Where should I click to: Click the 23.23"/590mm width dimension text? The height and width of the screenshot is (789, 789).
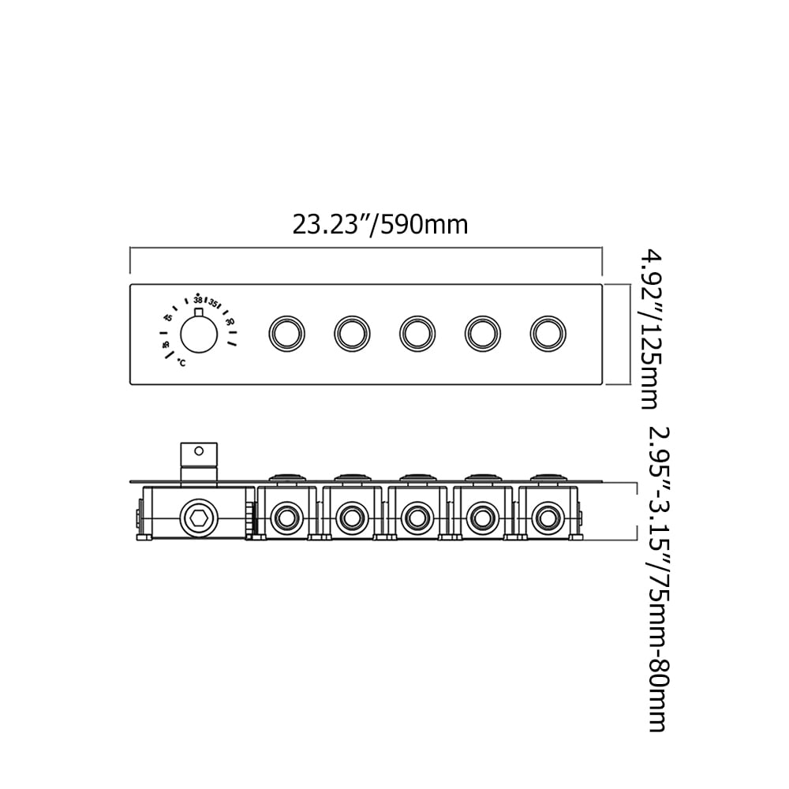(380, 225)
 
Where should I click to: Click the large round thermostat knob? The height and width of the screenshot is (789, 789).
(200, 335)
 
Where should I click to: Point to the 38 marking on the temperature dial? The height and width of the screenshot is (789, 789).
(198, 301)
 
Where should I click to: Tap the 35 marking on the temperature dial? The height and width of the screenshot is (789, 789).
(213, 302)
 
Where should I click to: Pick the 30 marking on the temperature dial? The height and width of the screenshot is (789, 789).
(230, 321)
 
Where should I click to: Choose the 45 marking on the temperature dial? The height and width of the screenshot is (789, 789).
(168, 318)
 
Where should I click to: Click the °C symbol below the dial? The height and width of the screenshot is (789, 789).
(181, 363)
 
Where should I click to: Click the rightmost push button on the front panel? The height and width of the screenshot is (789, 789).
(546, 333)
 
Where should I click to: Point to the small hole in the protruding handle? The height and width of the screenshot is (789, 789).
(199, 452)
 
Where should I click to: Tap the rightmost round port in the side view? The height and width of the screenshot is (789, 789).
(545, 518)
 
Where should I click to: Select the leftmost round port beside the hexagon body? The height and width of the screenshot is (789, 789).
(284, 518)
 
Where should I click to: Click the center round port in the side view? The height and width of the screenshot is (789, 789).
(415, 518)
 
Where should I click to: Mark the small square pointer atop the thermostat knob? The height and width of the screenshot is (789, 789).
(199, 314)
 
